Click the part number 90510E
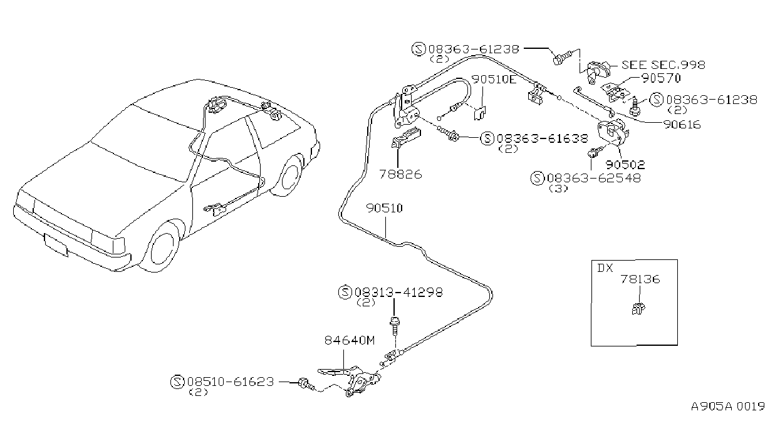point(494,80)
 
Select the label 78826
point(400,174)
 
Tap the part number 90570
point(661,78)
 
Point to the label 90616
point(682,124)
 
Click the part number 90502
point(625,165)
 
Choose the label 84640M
point(350,340)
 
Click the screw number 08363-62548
point(594,178)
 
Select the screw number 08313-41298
point(398,292)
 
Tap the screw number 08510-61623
point(231,382)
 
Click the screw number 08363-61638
point(542,138)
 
